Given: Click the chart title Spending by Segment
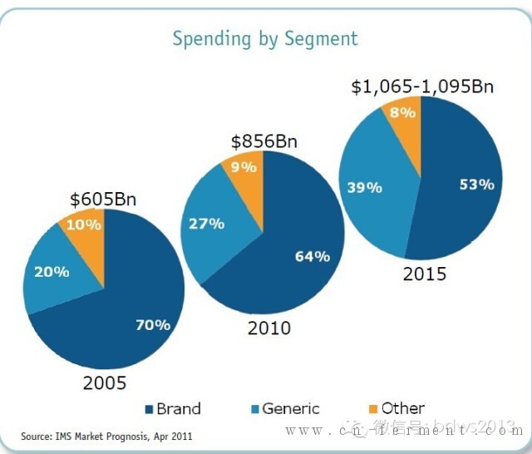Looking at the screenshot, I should [265, 38].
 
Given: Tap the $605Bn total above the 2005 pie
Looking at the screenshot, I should [102, 200].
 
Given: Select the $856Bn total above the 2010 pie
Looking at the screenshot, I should [264, 141].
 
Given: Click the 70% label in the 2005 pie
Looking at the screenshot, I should [153, 325].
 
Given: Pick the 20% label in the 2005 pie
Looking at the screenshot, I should [52, 271].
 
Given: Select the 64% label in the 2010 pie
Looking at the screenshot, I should [312, 256].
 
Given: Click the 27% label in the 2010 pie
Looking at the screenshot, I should [207, 223].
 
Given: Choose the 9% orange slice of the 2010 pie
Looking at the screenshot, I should [244, 168].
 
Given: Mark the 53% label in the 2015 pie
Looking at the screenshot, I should [476, 185].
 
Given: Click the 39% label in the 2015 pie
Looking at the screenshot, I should [364, 188].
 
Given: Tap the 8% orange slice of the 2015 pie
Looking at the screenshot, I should [403, 112].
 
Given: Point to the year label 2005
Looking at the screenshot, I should [104, 383].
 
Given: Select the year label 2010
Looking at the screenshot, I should [268, 328].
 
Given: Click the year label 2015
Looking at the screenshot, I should [424, 274].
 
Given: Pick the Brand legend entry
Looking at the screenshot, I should [172, 408].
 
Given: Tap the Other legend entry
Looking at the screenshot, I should [397, 408].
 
